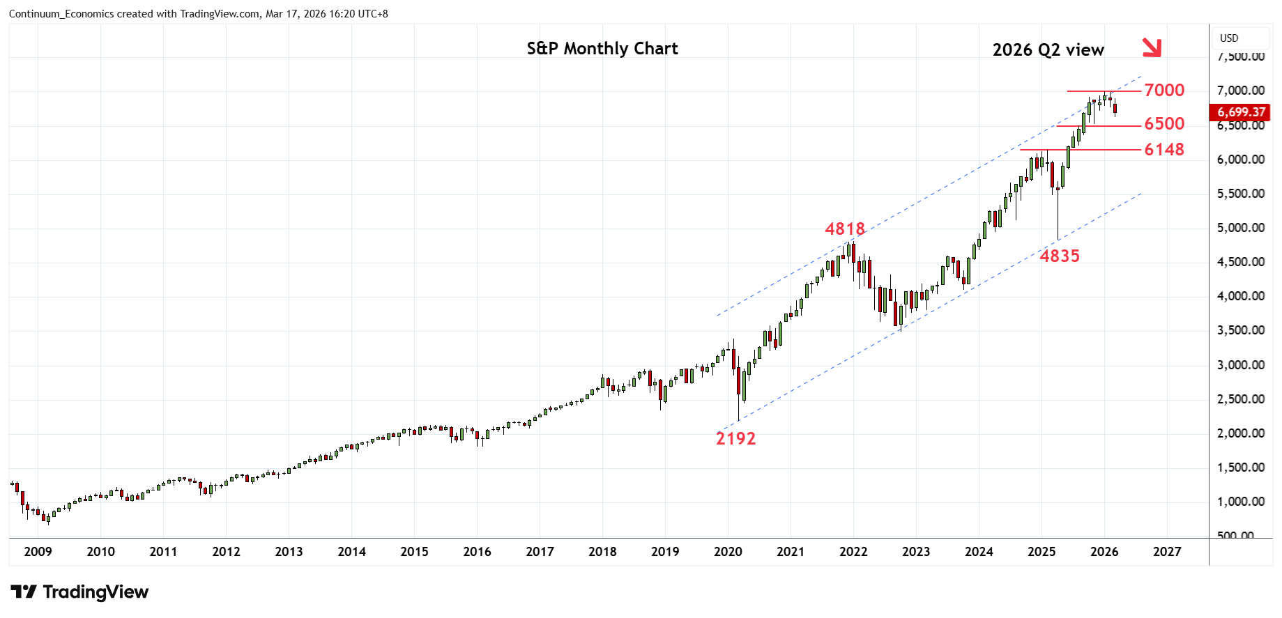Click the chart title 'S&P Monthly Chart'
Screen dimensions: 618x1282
602,49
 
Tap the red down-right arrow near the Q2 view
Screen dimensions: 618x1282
1152,47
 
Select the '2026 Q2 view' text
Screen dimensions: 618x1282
1048,50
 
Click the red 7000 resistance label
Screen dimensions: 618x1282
1164,91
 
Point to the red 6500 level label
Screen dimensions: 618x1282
1164,124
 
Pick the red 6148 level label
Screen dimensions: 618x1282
1164,150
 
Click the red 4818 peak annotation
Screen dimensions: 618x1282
844,229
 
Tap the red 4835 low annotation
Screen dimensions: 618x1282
1060,256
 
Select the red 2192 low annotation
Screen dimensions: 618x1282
735,439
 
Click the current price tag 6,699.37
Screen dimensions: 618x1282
1241,112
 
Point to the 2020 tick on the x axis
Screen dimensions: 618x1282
728,552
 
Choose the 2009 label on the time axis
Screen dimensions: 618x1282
38,552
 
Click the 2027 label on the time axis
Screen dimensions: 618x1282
1167,552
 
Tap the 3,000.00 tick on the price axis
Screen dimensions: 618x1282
1241,365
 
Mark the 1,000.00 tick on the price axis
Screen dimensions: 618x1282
1241,502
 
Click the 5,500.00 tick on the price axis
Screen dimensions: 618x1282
1241,194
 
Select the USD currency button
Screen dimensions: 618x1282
1229,38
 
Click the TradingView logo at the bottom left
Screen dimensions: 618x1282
79,592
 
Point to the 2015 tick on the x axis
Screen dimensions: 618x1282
414,552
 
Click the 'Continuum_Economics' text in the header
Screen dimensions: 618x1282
61,14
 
